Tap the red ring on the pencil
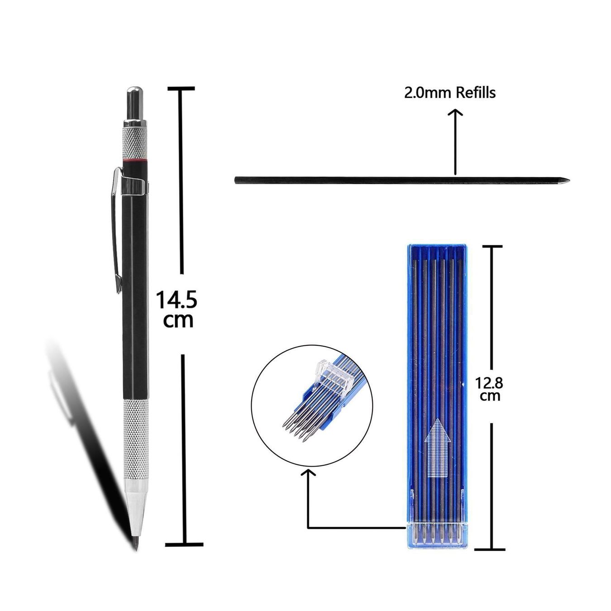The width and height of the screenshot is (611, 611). [135, 162]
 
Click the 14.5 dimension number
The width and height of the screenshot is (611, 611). [177, 301]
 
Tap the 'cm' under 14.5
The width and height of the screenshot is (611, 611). [178, 320]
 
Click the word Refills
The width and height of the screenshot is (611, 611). [476, 93]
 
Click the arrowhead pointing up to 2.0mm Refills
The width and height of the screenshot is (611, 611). [456, 113]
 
